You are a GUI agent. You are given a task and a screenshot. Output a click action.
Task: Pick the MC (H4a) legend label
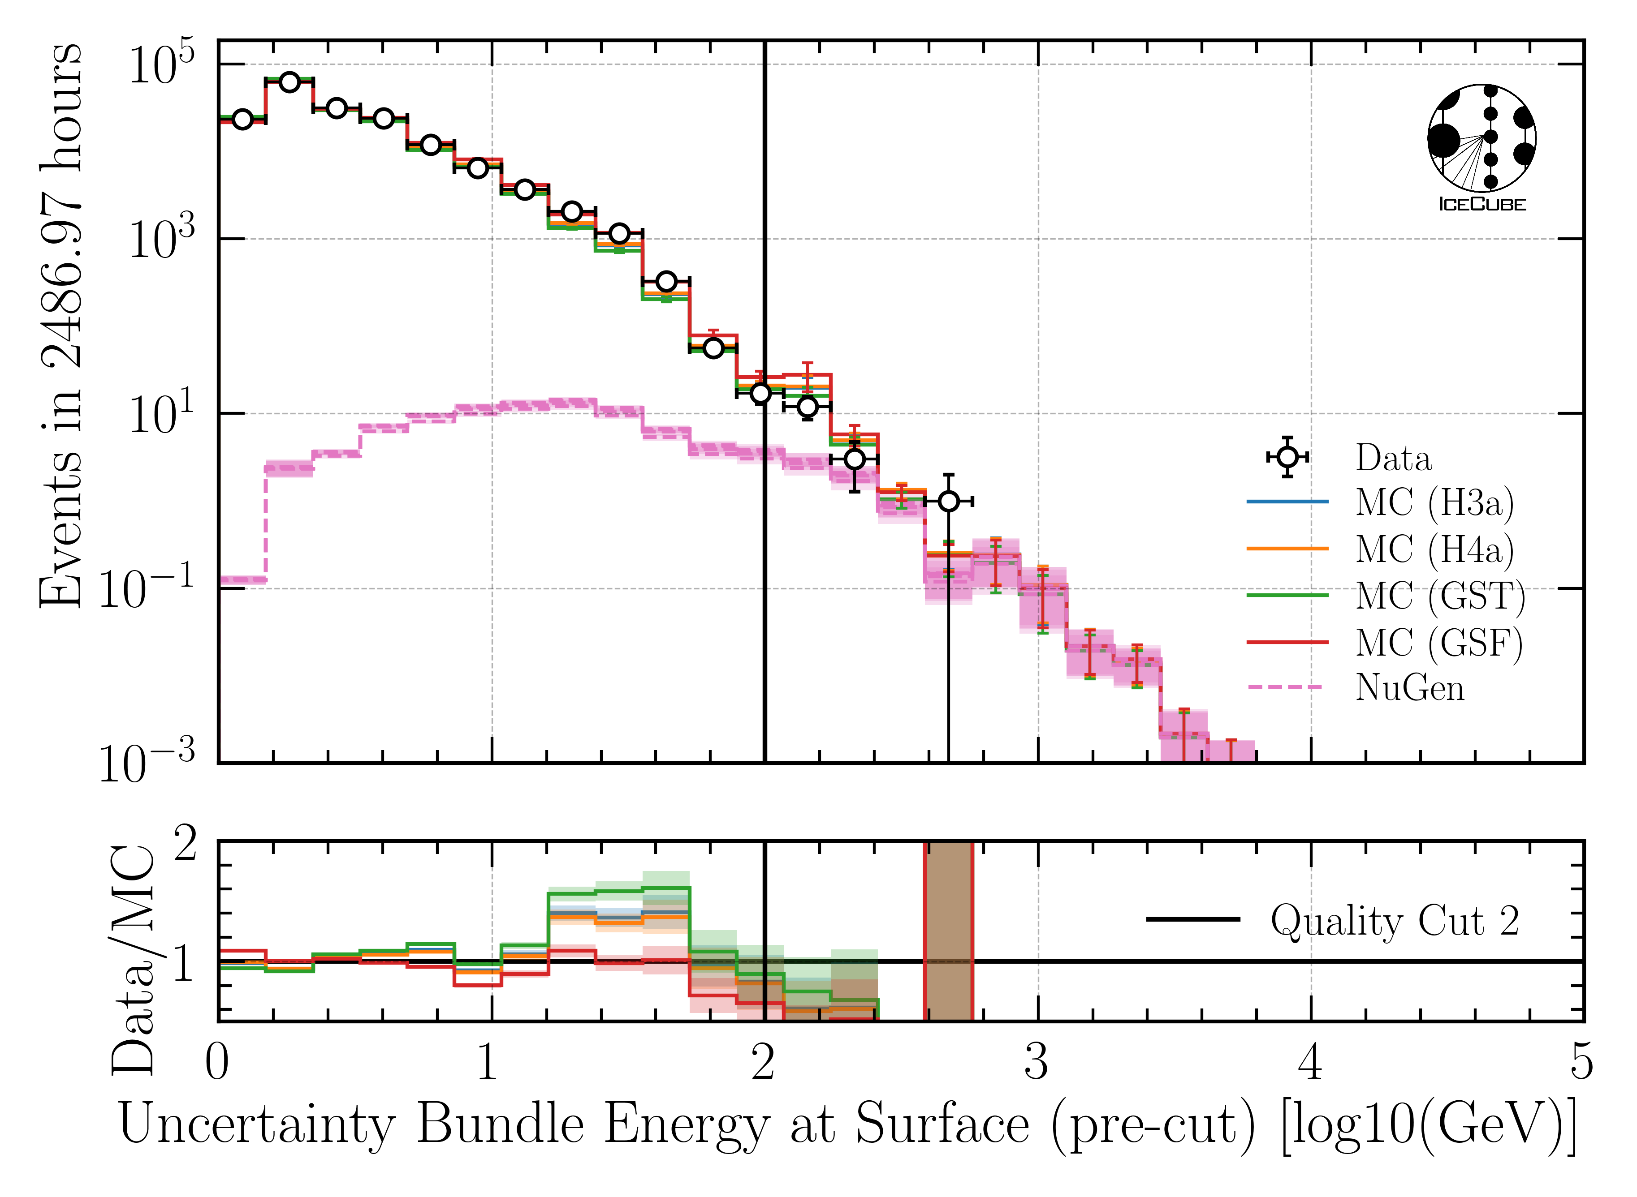pos(1434,549)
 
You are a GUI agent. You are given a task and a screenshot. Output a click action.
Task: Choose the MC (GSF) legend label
pos(1439,643)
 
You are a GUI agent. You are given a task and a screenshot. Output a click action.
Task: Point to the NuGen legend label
pos(1409,688)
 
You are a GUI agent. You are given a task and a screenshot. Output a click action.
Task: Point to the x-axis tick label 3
pos(1037,1064)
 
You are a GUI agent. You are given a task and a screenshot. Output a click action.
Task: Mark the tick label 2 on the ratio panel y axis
pos(185,845)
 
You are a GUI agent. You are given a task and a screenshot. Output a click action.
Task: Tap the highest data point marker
pos(289,82)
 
